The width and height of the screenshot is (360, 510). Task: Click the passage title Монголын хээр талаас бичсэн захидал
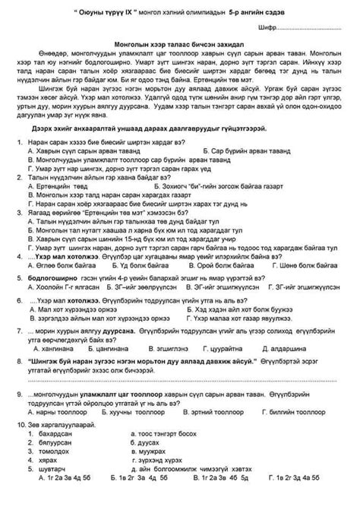179,46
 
